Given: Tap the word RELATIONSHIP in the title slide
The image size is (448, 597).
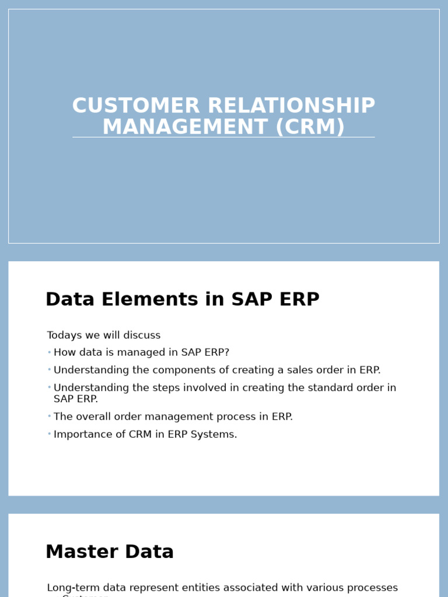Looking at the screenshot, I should click(x=291, y=106).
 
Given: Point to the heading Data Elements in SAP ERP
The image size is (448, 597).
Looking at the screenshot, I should click(x=182, y=300).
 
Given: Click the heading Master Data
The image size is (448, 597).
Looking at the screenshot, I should click(x=110, y=552).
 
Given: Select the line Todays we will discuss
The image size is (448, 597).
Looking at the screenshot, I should click(x=103, y=336).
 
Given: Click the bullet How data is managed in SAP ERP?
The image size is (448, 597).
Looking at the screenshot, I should click(x=141, y=353).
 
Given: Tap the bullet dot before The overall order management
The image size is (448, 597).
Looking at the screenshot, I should click(x=50, y=416).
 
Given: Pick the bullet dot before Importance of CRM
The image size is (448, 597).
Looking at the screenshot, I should click(x=50, y=434).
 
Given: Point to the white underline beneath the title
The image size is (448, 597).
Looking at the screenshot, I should click(x=223, y=138).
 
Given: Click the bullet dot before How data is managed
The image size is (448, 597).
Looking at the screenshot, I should click(x=50, y=352).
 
